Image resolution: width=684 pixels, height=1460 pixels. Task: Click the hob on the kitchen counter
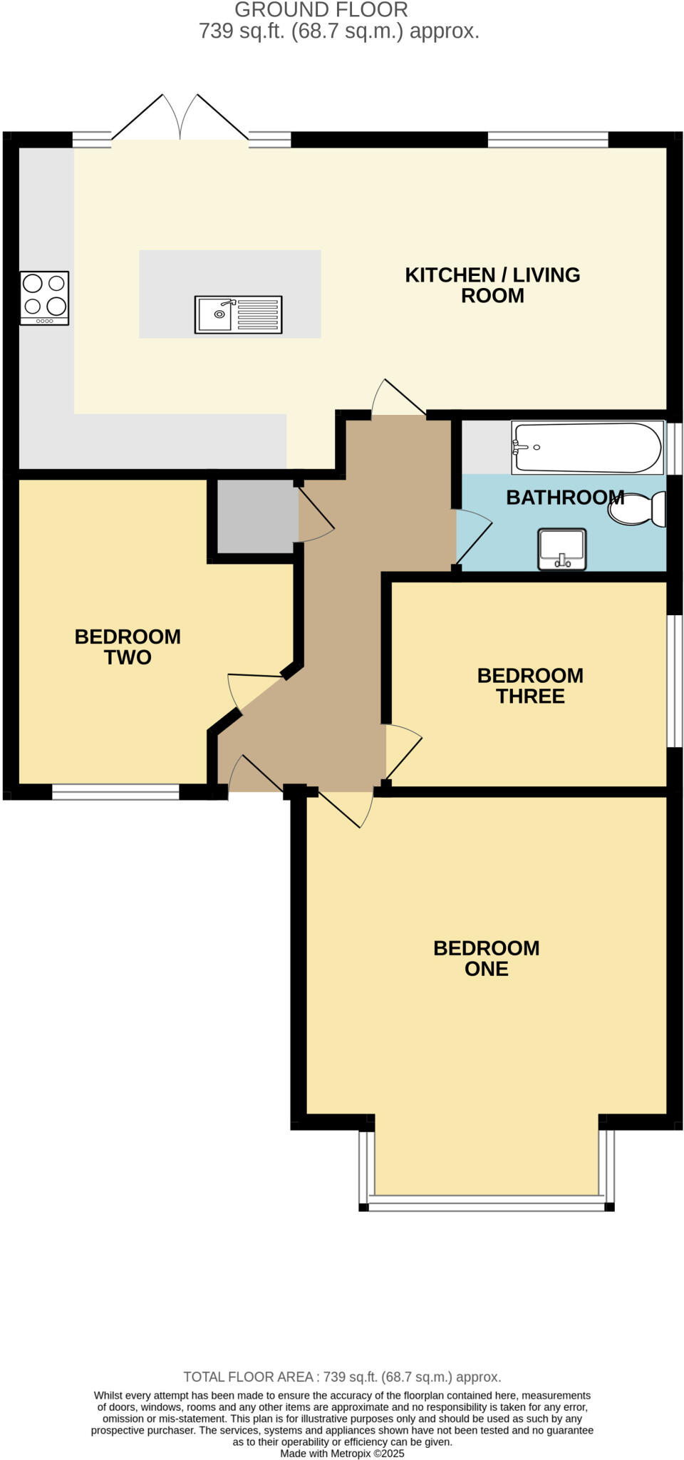(44, 297)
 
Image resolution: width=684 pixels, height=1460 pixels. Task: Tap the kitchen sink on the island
(238, 314)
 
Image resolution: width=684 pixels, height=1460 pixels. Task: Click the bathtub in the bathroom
(587, 448)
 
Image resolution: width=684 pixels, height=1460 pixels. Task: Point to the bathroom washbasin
(561, 549)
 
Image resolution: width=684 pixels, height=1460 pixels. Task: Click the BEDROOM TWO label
(128, 647)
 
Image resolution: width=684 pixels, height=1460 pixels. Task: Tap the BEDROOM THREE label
(530, 686)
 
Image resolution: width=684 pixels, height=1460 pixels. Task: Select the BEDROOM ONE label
(487, 958)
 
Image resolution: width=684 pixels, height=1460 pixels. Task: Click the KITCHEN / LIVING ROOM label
(492, 285)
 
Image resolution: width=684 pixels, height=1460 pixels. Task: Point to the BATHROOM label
(564, 498)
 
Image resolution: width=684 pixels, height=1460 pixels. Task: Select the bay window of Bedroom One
(486, 1205)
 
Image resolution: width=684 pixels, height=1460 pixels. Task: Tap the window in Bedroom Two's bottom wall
(115, 791)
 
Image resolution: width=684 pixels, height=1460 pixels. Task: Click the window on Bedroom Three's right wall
(674, 681)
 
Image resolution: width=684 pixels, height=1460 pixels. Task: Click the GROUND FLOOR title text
(321, 10)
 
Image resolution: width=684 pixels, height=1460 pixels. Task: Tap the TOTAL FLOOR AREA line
(342, 1377)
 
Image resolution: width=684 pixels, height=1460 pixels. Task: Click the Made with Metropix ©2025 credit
(342, 1453)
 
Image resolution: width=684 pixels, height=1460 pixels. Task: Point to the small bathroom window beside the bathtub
(674, 448)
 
